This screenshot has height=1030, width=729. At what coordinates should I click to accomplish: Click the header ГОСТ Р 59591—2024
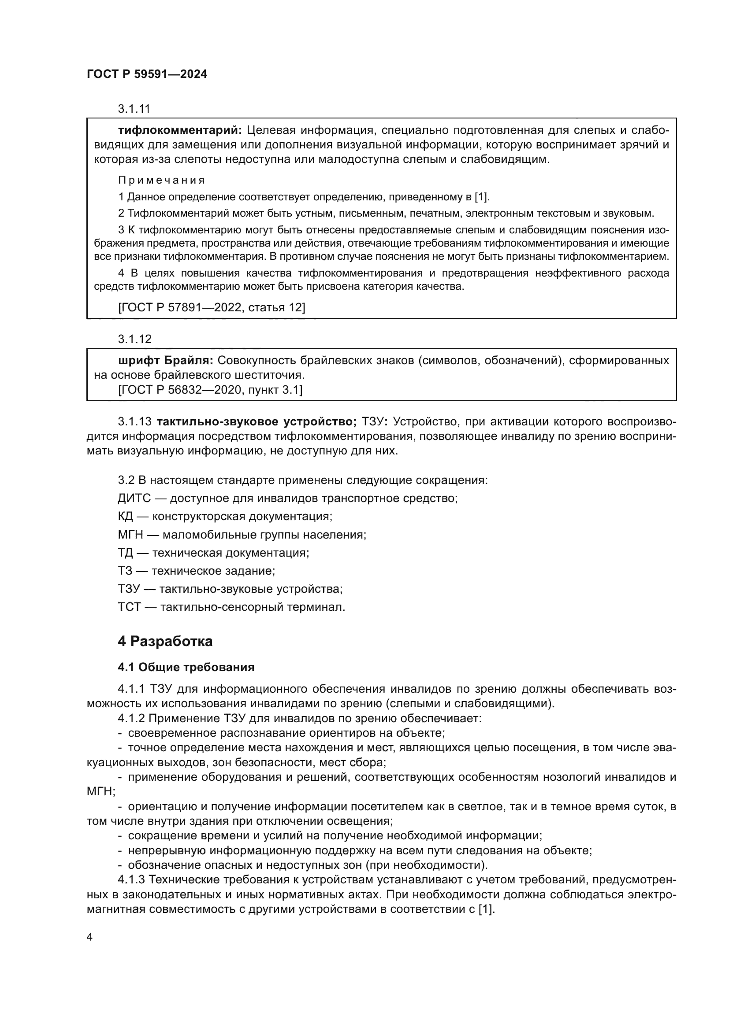(x=147, y=74)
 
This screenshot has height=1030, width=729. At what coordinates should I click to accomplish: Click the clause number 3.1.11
(x=134, y=109)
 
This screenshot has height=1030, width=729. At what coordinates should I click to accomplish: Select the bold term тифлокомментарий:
(x=180, y=130)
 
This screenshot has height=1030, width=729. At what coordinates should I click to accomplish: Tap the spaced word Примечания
(x=162, y=181)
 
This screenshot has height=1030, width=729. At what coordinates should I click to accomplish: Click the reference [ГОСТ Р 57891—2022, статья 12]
(x=212, y=307)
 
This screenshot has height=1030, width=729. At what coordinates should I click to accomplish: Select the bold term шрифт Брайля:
(x=166, y=361)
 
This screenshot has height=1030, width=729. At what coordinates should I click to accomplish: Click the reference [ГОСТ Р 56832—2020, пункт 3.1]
(x=210, y=390)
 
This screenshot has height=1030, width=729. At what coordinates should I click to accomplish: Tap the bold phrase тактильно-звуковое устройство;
(x=257, y=422)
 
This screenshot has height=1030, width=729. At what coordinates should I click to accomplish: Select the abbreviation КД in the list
(x=125, y=517)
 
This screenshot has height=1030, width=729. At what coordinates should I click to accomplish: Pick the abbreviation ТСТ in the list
(x=129, y=607)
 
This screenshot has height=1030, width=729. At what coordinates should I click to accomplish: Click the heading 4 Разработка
(x=165, y=642)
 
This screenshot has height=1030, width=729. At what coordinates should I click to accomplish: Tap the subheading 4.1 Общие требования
(x=186, y=667)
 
